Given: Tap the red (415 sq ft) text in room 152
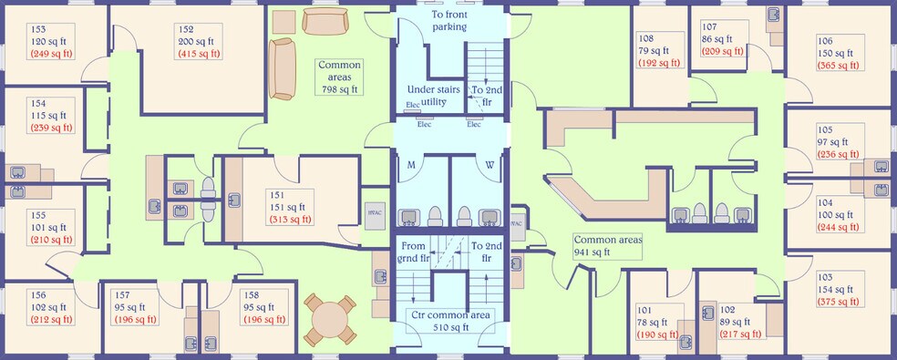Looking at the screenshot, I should pos(201,54).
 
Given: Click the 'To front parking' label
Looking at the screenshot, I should pos(448,21).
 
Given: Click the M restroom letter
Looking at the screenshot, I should pos(411,165).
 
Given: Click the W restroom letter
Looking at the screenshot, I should pos(490,165).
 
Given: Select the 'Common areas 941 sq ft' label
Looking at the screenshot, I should pos(607,246).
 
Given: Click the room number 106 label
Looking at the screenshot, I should pos(825,41).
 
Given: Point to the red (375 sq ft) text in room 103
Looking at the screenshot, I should pos(838,303).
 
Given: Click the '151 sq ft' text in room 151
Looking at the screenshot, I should pos(291,206).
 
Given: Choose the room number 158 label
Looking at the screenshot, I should pos(251,294).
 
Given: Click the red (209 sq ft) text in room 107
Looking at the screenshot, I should pos(723,52).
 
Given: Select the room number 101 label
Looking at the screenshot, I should pos(645,309).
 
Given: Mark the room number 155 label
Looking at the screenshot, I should pos(39,215).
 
